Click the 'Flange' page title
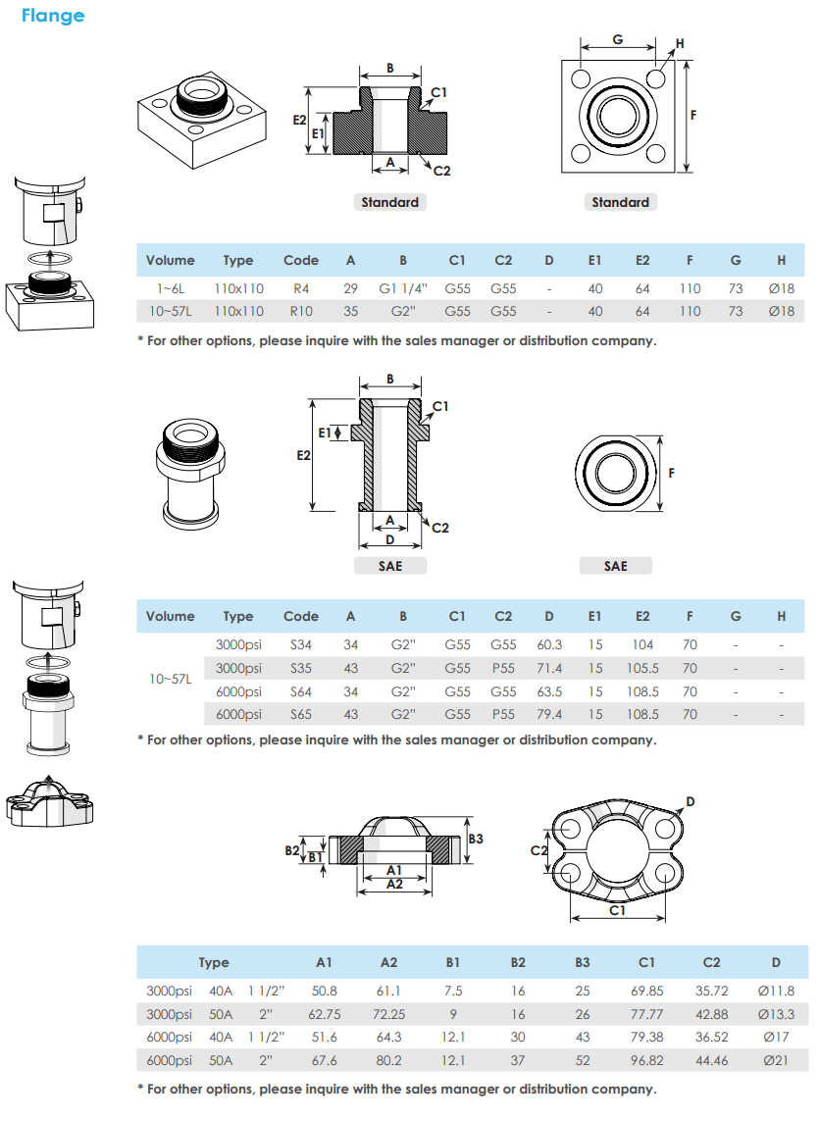pos(53,16)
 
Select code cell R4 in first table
pos(300,289)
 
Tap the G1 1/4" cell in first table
pos(402,289)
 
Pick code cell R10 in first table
pos(300,311)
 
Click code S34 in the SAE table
pos(300,644)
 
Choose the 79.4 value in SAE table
pos(548,715)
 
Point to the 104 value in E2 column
pos(642,644)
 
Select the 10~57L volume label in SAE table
pos(170,680)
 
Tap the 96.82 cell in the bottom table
pos(646,1060)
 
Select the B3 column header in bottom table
pos(583,963)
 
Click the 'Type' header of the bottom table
pos(214,963)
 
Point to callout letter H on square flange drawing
pos(681,45)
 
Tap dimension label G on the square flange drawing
pos(618,39)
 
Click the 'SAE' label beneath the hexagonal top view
pos(615,566)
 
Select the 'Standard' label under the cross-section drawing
pos(389,202)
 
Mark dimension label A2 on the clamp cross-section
pos(394,884)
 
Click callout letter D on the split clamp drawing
pos(691,801)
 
